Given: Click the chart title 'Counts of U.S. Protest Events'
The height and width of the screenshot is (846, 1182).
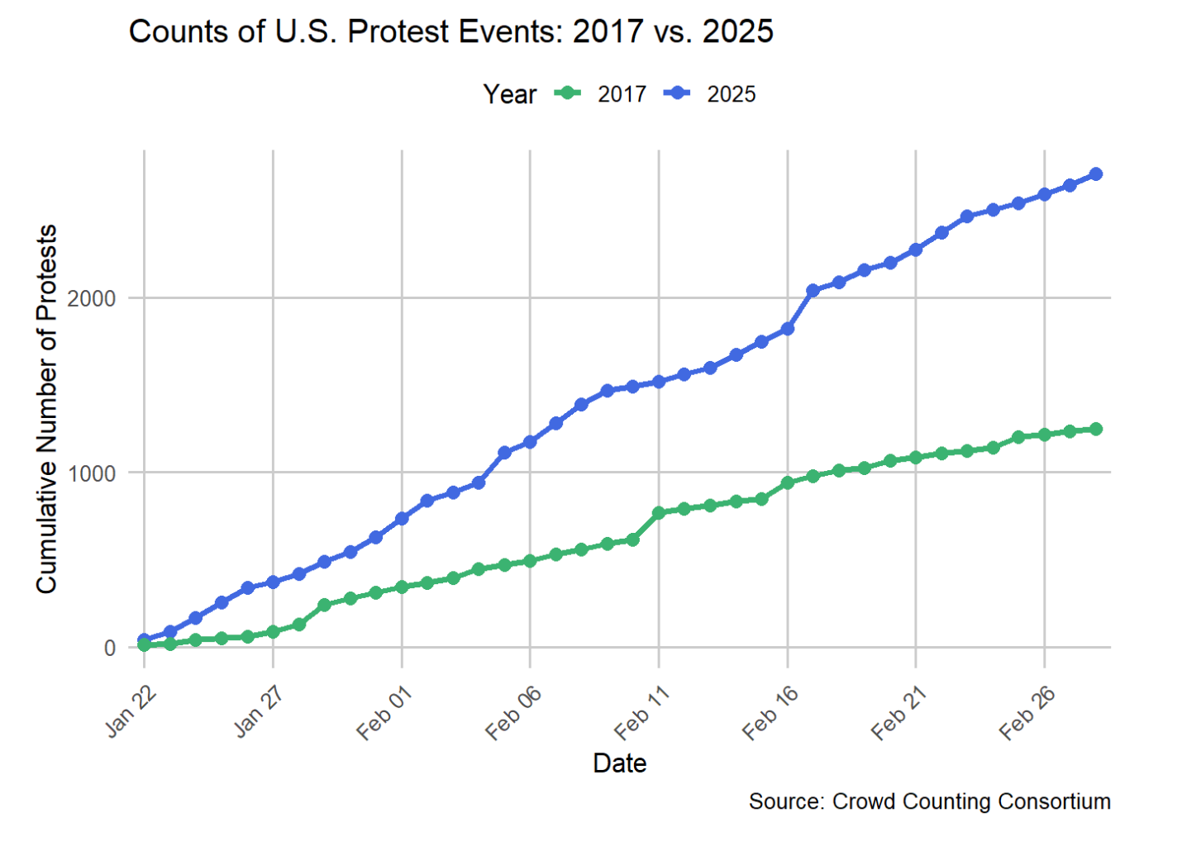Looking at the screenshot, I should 450,31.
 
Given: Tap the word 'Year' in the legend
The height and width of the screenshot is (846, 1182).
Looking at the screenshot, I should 509,94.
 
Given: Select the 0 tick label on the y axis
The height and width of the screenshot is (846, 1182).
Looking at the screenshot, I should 109,649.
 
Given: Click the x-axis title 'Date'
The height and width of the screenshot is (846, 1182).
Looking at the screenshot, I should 619,763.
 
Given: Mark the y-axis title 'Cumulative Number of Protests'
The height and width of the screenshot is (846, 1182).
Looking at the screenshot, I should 47,409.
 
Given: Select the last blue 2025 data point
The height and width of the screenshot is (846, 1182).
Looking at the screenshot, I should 1096,173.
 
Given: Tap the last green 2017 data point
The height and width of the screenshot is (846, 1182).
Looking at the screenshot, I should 1096,429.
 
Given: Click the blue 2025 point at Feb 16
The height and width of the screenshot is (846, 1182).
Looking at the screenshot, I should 788,328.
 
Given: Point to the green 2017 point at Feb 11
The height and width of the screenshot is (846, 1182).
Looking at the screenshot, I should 659,512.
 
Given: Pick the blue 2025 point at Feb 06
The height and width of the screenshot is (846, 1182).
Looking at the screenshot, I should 530,442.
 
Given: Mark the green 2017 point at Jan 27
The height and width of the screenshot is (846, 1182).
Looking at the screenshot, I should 273,632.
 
